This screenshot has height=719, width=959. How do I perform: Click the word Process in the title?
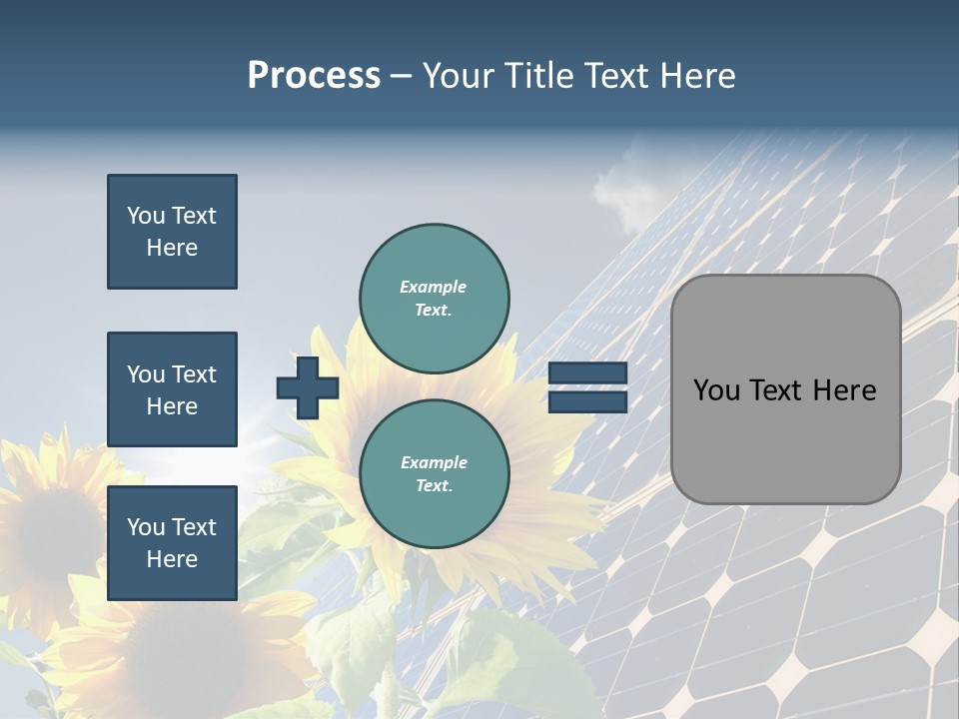[x=314, y=76]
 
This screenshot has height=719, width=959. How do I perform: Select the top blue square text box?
[x=172, y=232]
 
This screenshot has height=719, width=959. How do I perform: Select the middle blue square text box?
[x=172, y=389]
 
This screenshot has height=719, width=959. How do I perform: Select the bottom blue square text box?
[x=172, y=543]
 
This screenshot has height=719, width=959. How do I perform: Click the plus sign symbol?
[x=308, y=387]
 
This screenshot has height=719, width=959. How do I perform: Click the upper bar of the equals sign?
[x=587, y=373]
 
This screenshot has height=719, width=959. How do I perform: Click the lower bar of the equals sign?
[x=587, y=401]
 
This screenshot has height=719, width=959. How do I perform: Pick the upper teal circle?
[x=434, y=298]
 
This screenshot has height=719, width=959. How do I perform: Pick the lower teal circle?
[x=434, y=473]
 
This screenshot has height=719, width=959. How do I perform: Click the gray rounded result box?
[x=785, y=389]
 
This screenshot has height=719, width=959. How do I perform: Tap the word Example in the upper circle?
[x=434, y=287]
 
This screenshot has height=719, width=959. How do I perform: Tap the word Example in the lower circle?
[x=434, y=462]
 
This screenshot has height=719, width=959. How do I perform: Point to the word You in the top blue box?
[x=146, y=216]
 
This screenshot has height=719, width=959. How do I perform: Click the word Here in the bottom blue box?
[x=172, y=559]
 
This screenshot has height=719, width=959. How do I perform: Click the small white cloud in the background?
[x=625, y=190]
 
